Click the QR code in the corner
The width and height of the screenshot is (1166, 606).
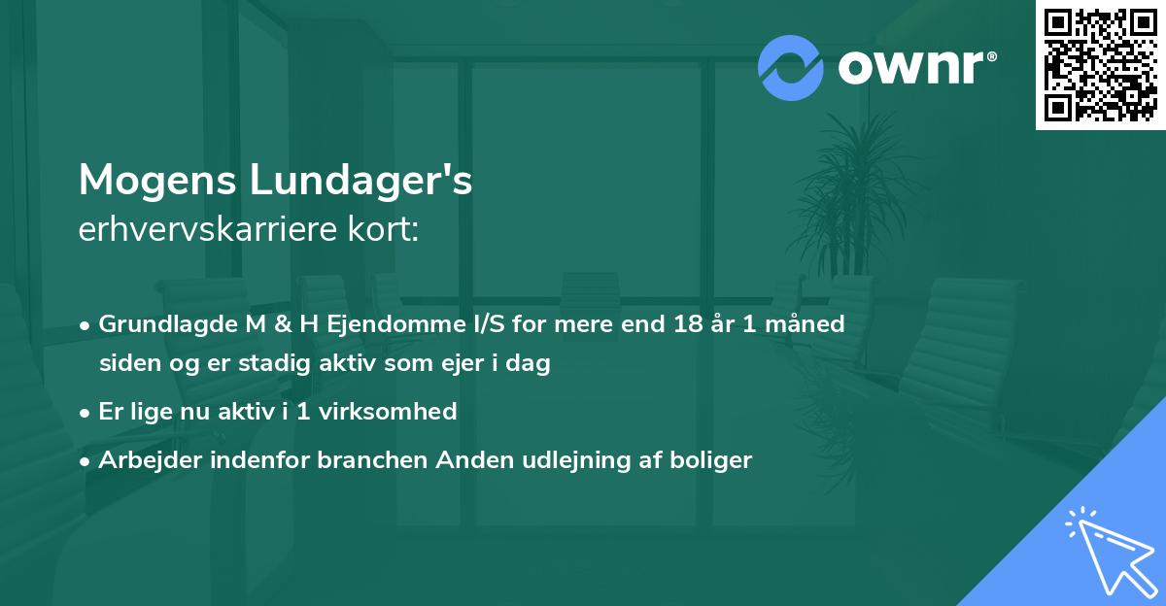(x=1100, y=64)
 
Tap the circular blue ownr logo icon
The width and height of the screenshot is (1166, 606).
(x=791, y=67)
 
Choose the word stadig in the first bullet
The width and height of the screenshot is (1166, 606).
(x=286, y=364)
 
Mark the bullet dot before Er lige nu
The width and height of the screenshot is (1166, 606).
(x=86, y=413)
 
